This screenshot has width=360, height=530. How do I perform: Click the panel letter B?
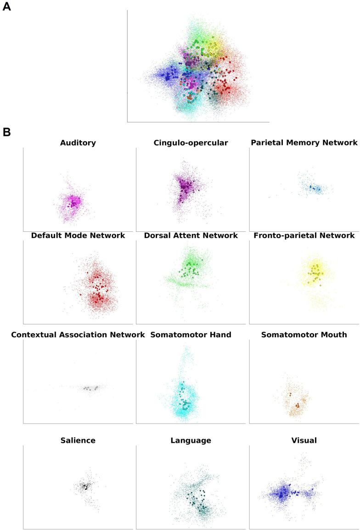pos(6,133)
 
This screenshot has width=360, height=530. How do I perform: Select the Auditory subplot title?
pos(78,143)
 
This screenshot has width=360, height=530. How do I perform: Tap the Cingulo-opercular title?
pos(191,143)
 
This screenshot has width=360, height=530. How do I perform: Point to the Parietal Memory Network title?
pos(304,143)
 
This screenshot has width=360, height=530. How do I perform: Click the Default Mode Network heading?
pos(78,235)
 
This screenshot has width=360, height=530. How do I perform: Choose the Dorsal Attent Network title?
pos(191,235)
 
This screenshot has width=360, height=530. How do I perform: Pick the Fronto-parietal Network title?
pos(304,235)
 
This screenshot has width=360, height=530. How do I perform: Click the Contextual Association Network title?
pos(78,335)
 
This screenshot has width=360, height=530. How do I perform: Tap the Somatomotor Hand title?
pos(191,335)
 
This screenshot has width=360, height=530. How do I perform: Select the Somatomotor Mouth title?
pos(304,335)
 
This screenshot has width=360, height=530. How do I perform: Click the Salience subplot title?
pos(78,441)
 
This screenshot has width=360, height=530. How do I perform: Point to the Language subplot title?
pos(191,441)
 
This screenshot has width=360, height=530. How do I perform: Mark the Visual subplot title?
pos(304,441)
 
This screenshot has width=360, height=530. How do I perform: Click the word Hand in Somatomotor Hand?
pos(220,335)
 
